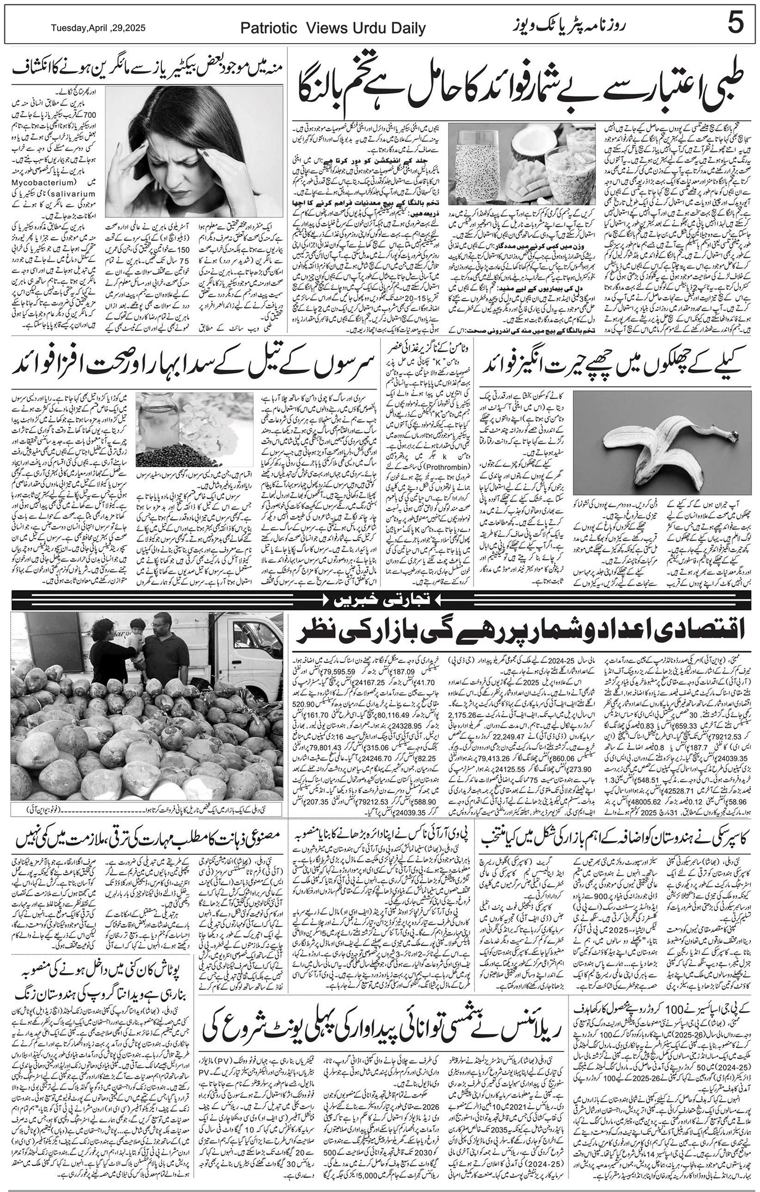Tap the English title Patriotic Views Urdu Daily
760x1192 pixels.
[x=332, y=29]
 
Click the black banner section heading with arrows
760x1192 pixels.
[x=380, y=600]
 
